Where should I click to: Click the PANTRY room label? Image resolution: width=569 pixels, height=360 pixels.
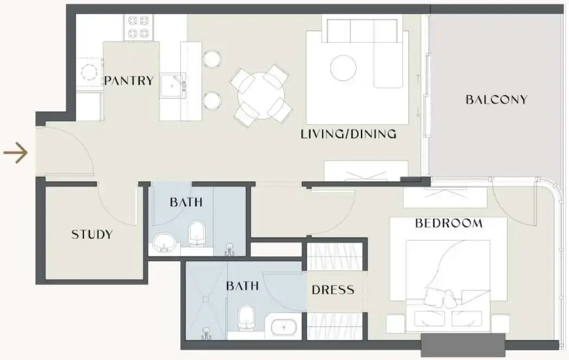point(129,81)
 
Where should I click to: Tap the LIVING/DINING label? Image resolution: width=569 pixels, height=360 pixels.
point(349,134)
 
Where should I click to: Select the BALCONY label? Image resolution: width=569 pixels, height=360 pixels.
point(496,100)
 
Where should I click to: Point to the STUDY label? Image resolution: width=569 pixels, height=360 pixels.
point(92,235)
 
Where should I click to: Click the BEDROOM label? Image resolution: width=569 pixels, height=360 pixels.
point(448,223)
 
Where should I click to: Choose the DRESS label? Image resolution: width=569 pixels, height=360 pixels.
point(333,290)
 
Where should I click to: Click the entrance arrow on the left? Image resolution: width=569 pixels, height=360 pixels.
point(15,154)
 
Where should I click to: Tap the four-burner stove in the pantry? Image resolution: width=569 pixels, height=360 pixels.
point(137,28)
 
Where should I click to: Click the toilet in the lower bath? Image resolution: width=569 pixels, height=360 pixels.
point(247,317)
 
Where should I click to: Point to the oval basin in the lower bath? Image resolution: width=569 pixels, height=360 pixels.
point(283,329)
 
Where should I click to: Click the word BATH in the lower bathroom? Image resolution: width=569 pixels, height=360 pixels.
point(242,286)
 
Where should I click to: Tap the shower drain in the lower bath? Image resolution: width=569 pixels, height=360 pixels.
point(206,298)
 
